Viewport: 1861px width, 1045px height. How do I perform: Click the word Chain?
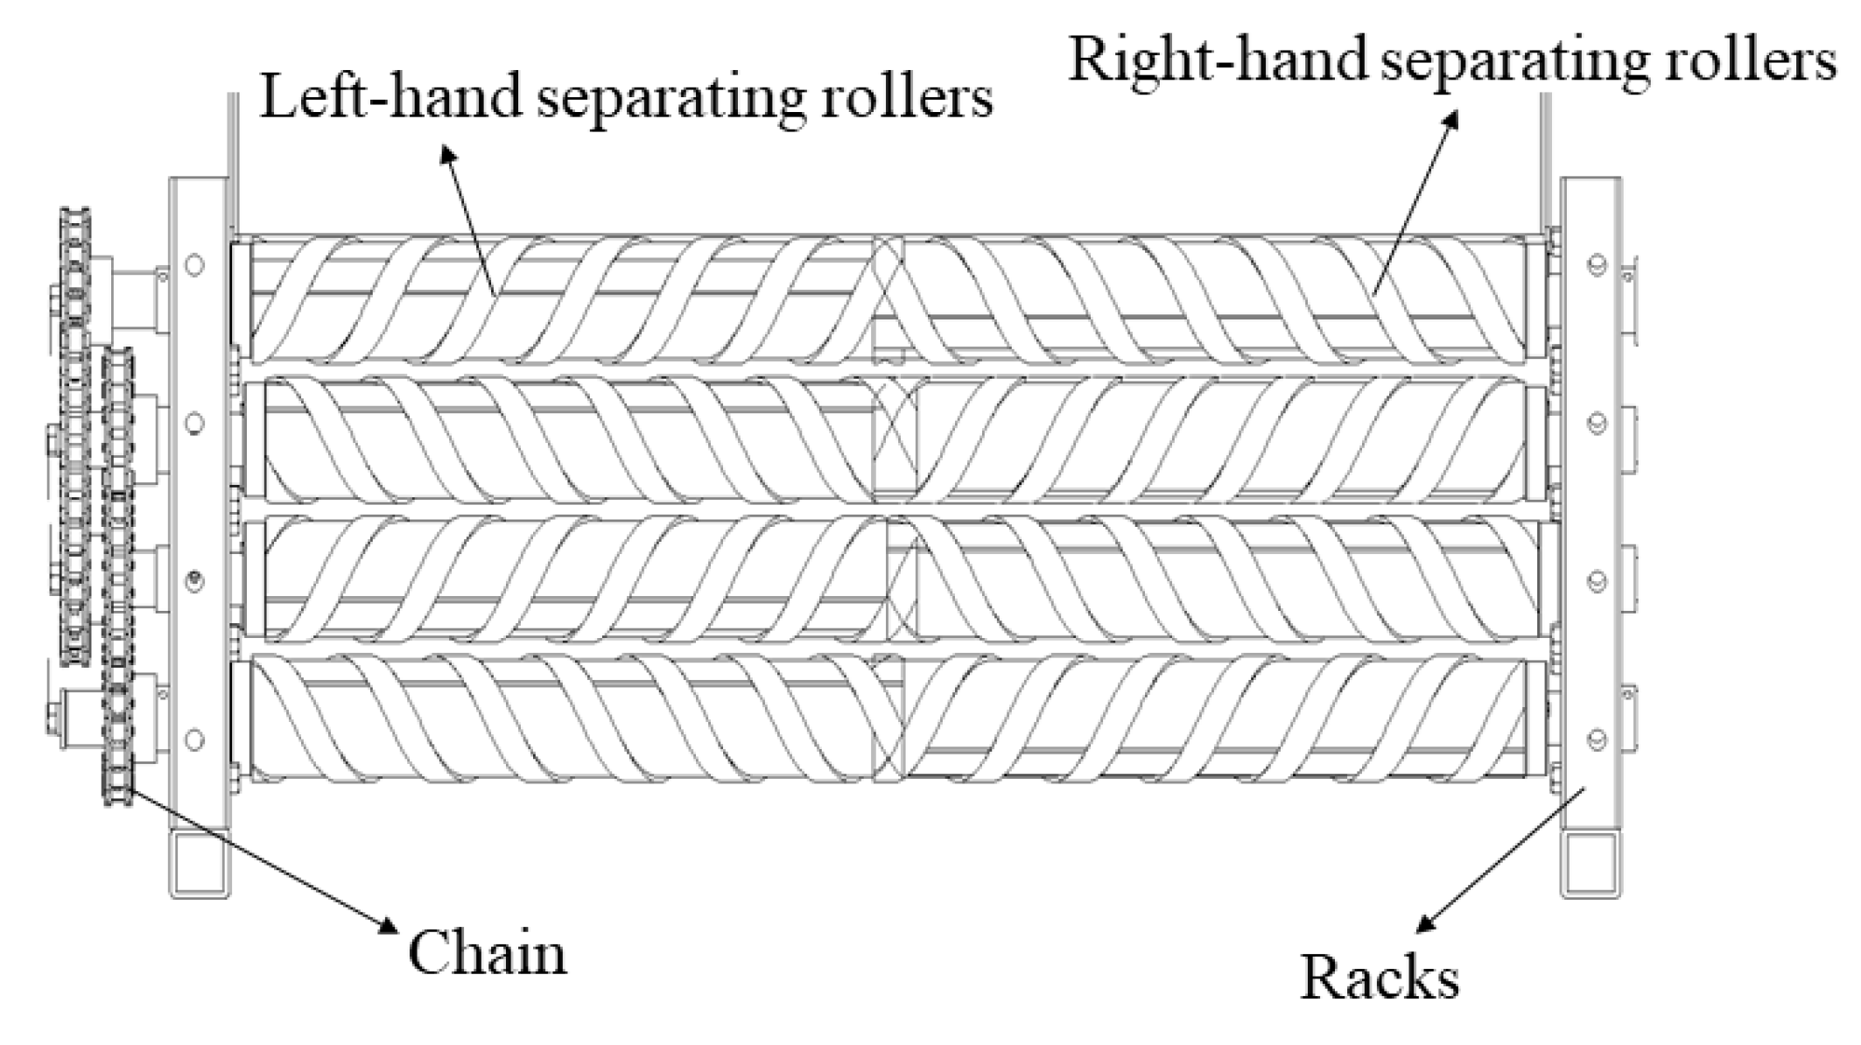pos(487,953)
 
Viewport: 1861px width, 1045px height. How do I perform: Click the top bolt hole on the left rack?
pos(195,264)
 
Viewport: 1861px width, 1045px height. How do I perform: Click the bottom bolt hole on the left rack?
pos(195,739)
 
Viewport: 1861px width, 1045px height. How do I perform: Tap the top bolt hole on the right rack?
pos(1597,264)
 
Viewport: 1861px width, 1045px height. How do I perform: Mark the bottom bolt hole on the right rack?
pos(1597,739)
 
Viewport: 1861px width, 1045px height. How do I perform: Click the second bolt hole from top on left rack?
pos(195,423)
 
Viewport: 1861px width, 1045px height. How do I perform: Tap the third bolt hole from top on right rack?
pos(1597,581)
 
